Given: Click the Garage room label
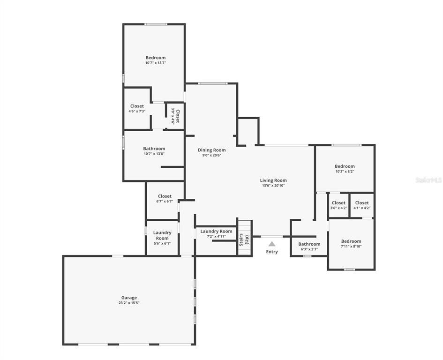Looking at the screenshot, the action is coord(129,298).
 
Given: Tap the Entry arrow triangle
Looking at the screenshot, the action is coord(272,244).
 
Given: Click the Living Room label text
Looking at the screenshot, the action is coord(273,180).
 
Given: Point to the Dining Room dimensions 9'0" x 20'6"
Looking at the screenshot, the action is coord(211,155).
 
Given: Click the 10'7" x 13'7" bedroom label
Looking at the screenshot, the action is coord(155,60).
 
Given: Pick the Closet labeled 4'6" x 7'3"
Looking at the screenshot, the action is coord(137,108).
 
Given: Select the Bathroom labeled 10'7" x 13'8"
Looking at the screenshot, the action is coord(154,151).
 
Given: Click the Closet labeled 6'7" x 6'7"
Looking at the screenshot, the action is coord(165,199).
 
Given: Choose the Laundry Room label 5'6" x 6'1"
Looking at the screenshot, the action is coord(162,238).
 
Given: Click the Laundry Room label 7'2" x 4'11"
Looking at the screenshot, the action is coord(216,234).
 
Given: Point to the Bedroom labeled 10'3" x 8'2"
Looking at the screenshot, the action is coord(345,169).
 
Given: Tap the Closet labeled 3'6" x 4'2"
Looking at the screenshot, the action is coord(338,205).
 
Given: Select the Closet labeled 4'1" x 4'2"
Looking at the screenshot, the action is coord(362,205).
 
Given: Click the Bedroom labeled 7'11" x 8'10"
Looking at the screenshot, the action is coord(351,244).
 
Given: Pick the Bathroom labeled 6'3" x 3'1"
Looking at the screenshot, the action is coord(309,247).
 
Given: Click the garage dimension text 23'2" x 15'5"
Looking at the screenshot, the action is coord(129,303).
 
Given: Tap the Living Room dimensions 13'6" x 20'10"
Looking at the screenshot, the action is coord(273,186).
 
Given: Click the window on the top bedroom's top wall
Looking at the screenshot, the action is coord(156,24).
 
